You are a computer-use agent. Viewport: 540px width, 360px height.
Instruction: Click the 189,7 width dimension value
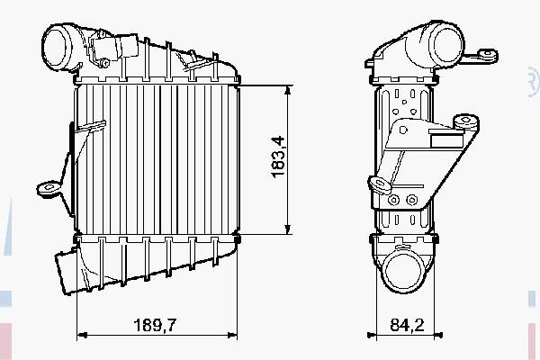155,325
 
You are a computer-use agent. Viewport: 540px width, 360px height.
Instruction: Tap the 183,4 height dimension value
278,157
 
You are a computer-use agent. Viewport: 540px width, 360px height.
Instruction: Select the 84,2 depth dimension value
407,325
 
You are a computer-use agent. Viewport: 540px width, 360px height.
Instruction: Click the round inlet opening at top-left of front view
56,48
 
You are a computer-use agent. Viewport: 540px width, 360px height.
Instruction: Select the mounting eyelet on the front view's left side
49,188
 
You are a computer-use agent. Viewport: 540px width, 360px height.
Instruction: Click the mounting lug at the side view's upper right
488,55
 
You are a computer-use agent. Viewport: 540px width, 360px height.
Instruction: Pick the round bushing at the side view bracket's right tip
465,121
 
